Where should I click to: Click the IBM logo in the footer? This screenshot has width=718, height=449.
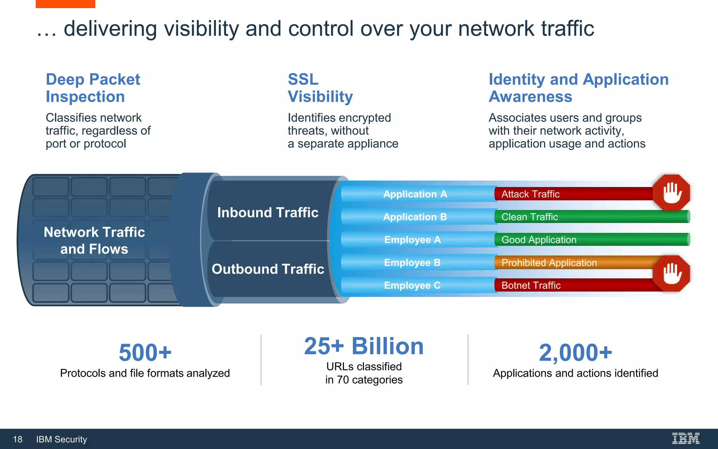(x=685, y=438)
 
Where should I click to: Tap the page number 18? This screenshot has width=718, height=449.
(x=18, y=439)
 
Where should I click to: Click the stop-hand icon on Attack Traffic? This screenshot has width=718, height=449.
(x=671, y=193)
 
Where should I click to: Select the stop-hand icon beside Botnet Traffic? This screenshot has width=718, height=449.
(x=671, y=274)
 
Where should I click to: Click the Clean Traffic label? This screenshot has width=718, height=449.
(x=529, y=217)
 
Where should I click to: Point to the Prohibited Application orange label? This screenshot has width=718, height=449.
(x=549, y=263)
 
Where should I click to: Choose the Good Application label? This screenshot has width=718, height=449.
(x=539, y=240)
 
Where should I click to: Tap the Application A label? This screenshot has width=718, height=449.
(x=415, y=194)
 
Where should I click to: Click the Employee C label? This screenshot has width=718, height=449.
(x=412, y=285)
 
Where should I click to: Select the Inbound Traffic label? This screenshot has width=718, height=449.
(x=267, y=213)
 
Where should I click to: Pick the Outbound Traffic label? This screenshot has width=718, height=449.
(x=268, y=269)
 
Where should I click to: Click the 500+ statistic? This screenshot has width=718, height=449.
(x=145, y=353)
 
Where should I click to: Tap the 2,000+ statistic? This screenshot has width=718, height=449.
(x=575, y=353)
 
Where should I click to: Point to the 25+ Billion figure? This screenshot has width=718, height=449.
(x=364, y=346)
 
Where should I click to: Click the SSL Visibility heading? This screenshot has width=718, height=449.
(x=320, y=88)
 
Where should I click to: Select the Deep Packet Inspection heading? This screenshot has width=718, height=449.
(x=93, y=88)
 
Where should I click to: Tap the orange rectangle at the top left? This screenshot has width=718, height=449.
(x=65, y=4)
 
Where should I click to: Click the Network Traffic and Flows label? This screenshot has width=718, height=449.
(x=94, y=240)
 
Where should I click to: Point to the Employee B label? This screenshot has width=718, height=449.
(x=412, y=262)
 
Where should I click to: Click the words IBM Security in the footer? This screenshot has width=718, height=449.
(x=61, y=439)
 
